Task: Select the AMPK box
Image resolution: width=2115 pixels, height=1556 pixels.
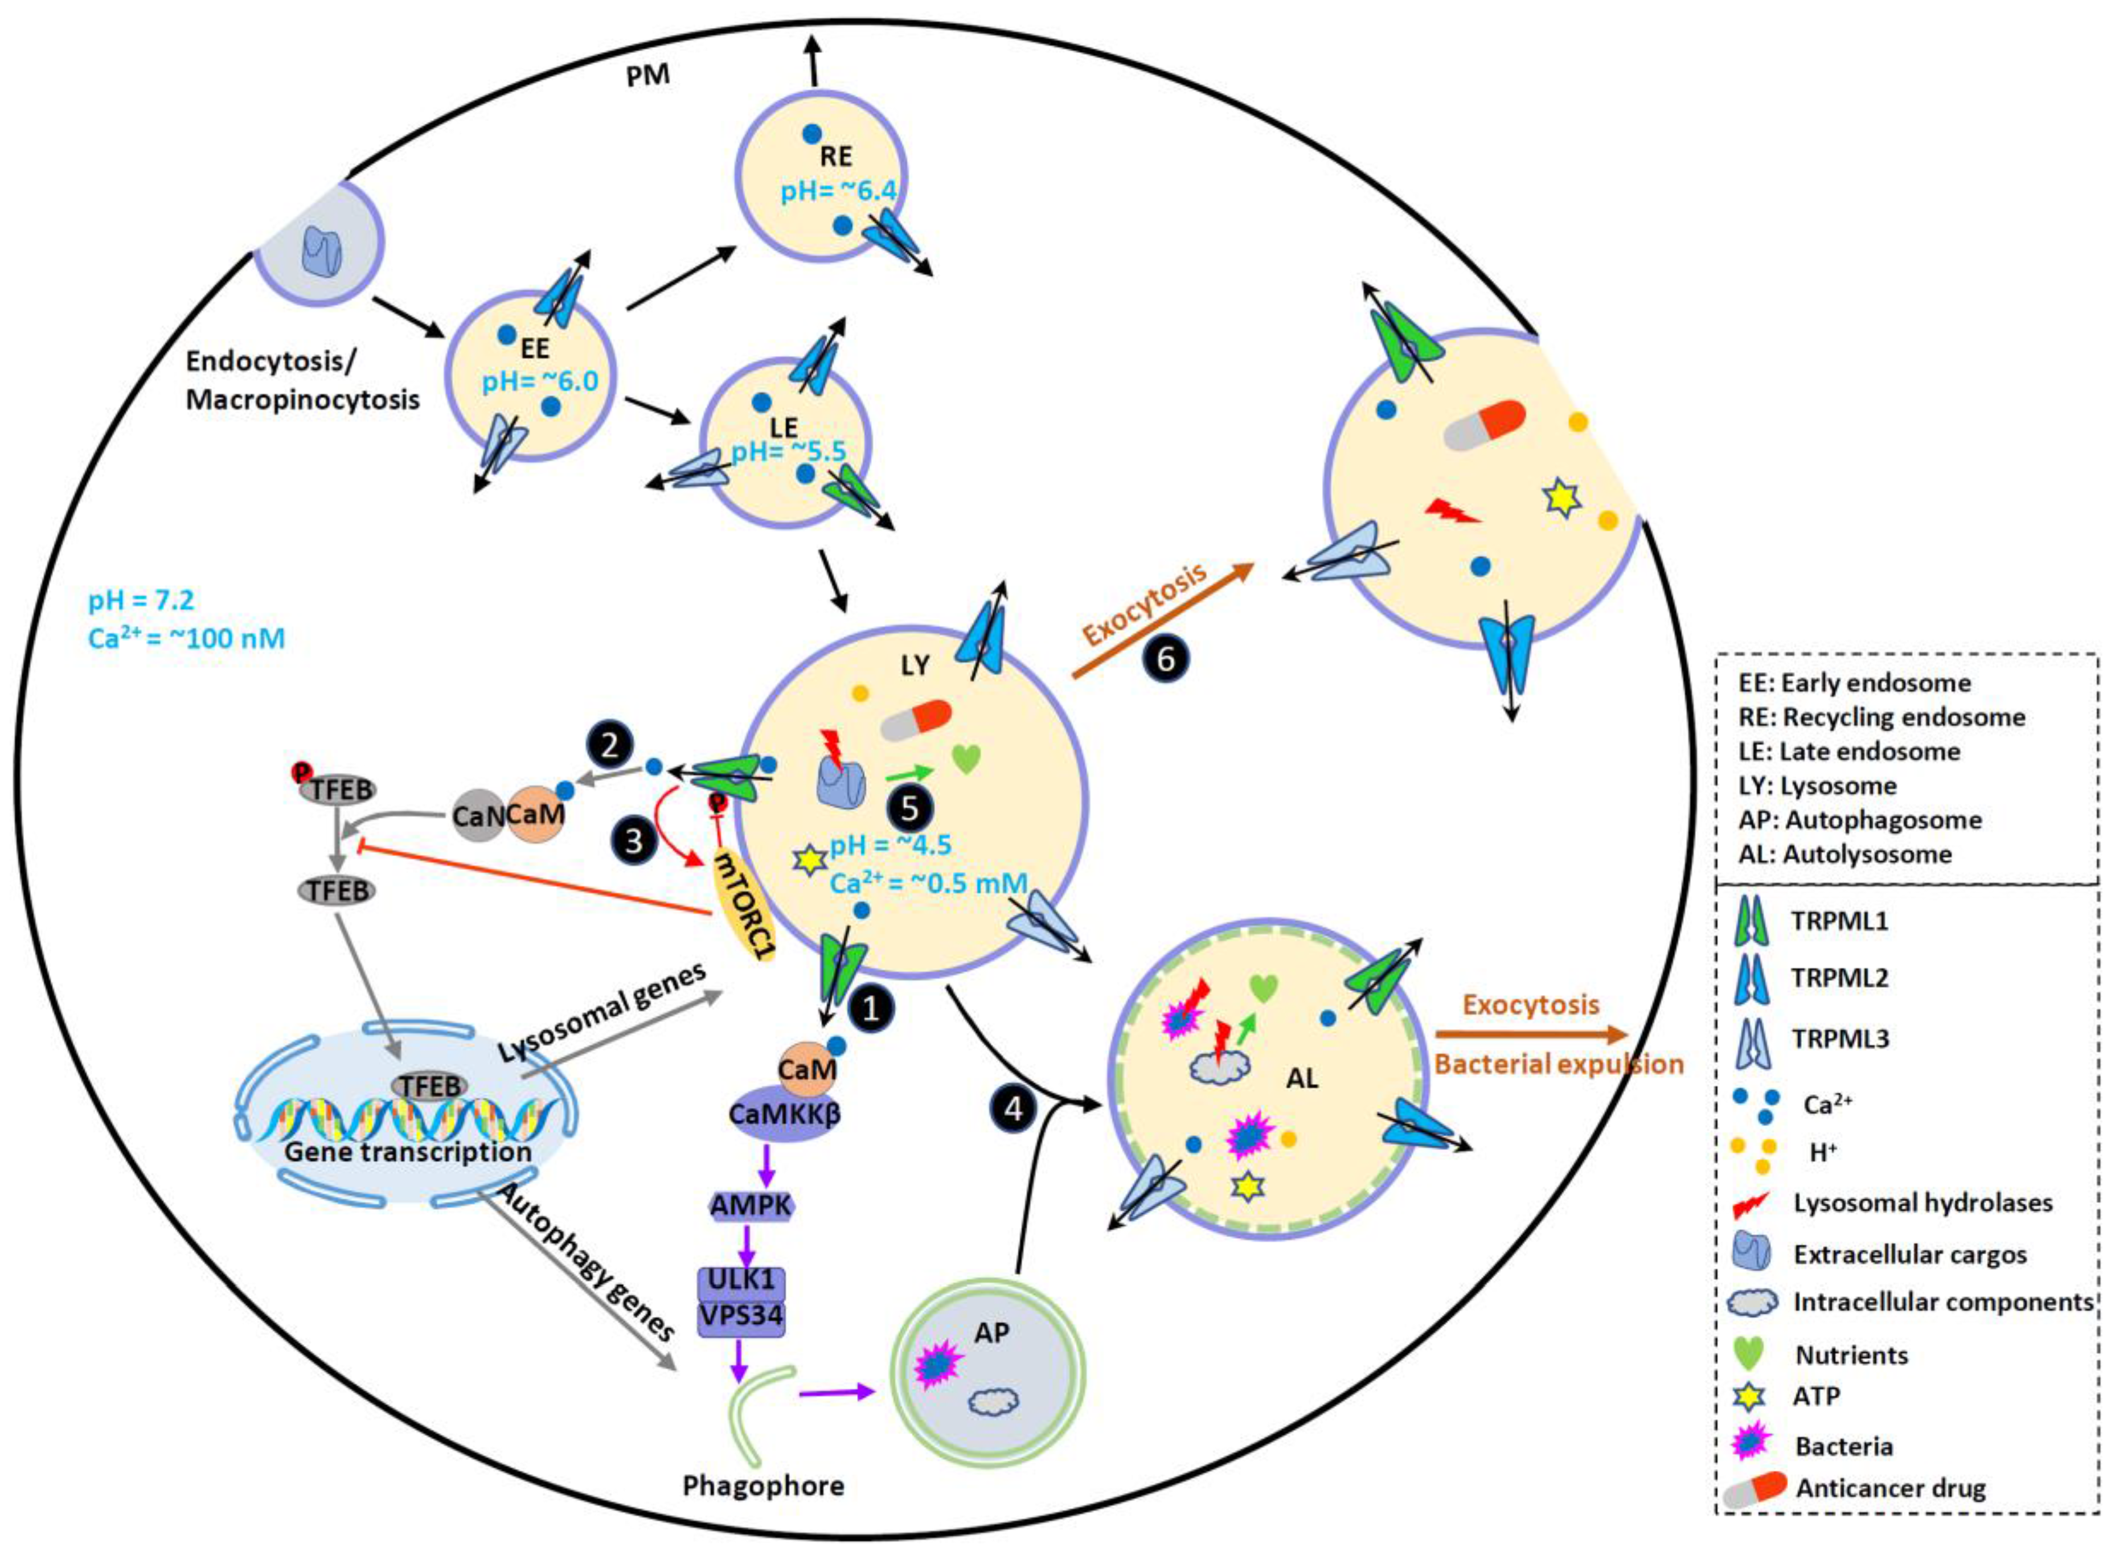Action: coord(752,1205)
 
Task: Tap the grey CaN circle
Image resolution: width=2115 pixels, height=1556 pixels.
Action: coord(478,816)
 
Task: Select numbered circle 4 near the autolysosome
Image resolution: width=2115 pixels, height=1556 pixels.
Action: coord(1013,1109)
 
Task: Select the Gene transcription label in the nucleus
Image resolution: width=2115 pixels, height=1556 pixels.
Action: coord(408,1152)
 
